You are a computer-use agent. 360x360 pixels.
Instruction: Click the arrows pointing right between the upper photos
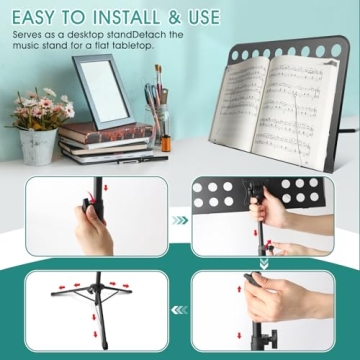click(x=180, y=220)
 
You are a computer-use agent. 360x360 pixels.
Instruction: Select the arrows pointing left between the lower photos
click(x=180, y=312)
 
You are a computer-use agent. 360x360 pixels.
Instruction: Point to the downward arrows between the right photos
click(x=266, y=264)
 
